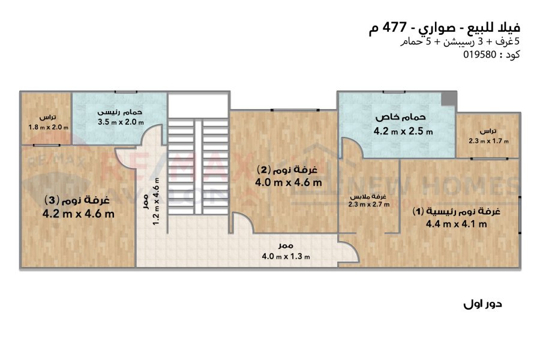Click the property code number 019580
pos(479,55)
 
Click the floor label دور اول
pos(482,304)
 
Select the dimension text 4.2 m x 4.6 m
pos(79,214)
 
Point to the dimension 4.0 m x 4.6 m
pos(288,182)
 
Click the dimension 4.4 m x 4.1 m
pos(457,224)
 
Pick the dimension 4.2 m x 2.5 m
pos(403,131)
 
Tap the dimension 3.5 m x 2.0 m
pos(121,122)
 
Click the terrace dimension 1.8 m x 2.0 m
pos(48,127)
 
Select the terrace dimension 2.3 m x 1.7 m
pos(488,141)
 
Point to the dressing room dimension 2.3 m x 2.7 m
pos(368,204)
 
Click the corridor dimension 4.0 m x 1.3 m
pos(286,257)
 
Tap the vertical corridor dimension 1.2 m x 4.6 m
pos(156,202)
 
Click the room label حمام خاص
pos(400,117)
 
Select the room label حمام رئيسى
pos(119,112)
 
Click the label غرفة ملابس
pos(368,197)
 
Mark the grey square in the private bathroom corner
pos(449,98)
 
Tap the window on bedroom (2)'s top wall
pos(295,110)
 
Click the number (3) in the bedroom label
pos(52,200)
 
